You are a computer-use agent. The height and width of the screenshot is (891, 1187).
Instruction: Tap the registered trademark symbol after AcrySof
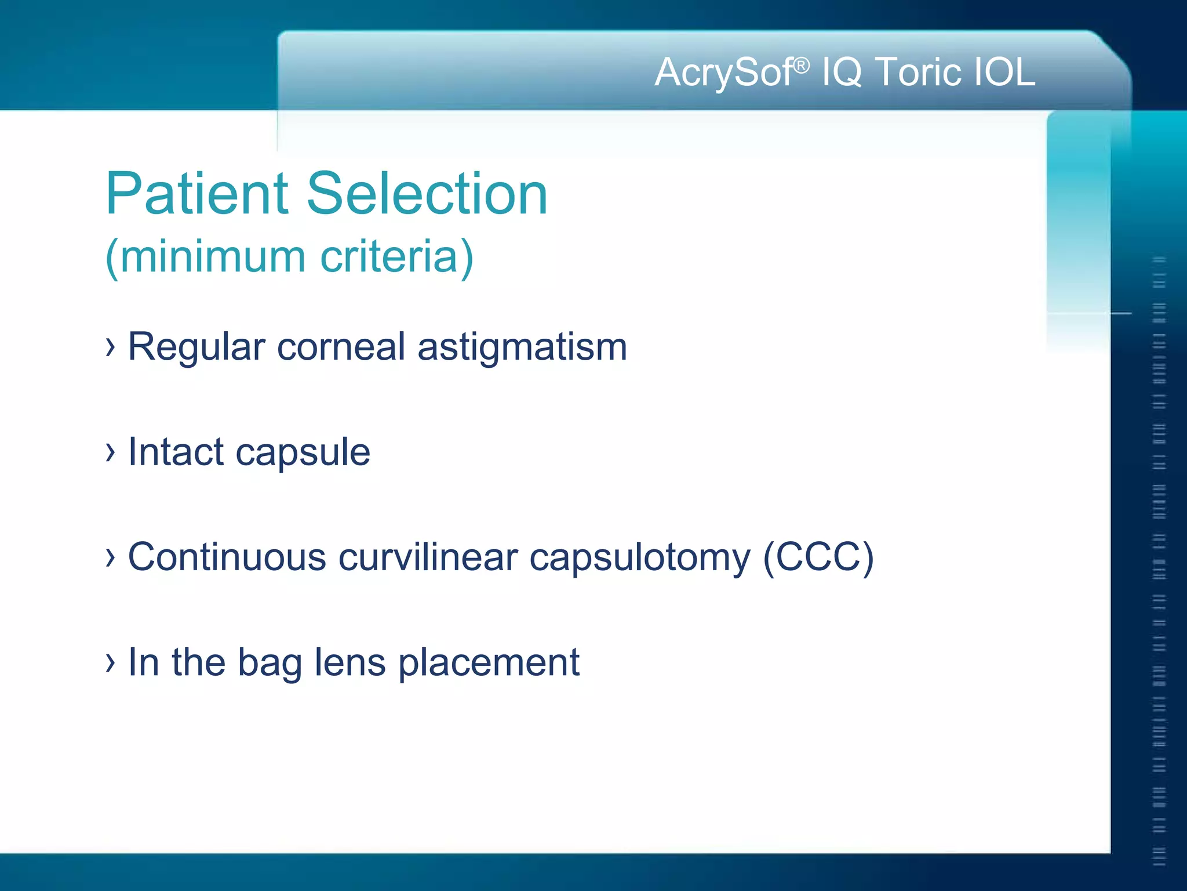click(x=801, y=65)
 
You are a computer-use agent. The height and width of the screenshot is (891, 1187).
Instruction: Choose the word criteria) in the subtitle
click(x=396, y=256)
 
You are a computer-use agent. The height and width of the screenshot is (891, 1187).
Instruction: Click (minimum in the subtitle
click(x=205, y=256)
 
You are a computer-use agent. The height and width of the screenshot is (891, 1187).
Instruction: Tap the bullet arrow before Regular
click(x=110, y=347)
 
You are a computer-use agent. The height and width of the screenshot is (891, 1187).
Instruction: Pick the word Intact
click(x=176, y=452)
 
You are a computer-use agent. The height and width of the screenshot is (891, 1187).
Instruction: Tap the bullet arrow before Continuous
click(x=110, y=557)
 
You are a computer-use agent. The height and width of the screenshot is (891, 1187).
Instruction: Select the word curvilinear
click(x=428, y=557)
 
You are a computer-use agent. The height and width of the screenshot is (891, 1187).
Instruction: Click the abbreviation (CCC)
click(x=818, y=557)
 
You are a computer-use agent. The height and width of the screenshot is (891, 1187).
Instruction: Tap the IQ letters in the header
click(x=842, y=73)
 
